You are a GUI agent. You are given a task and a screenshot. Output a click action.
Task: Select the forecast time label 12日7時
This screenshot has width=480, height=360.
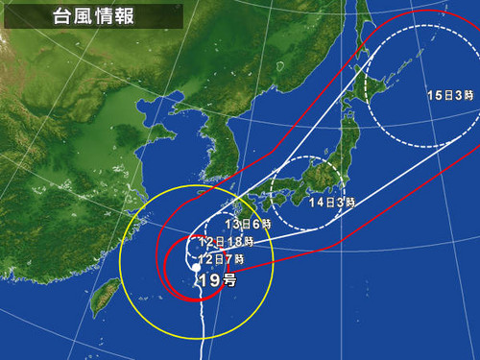tap(223, 259)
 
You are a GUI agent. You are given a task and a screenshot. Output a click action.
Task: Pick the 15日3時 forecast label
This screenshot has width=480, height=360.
tap(447, 96)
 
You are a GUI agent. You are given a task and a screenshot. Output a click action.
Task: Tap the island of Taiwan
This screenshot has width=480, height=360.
tap(101, 297)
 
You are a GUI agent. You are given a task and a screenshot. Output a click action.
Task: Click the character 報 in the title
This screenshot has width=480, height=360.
tap(119, 16)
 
